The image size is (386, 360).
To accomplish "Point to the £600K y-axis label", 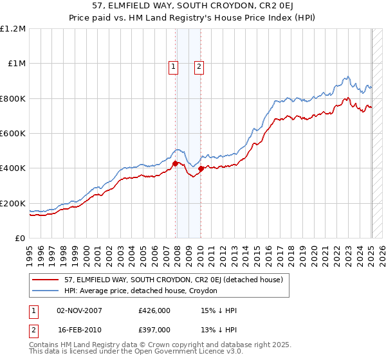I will coord(13,133).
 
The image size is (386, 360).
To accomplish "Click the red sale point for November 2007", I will coord(176,164).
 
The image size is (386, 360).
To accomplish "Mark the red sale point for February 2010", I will coord(201,169).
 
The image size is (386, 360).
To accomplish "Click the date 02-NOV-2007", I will coord(80,311).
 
